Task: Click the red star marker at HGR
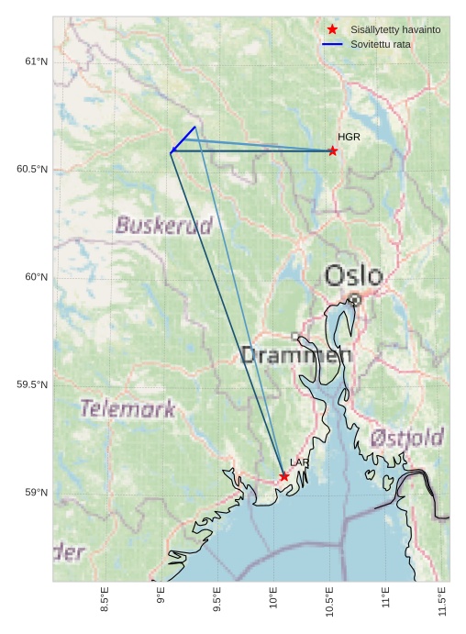pos(333,150)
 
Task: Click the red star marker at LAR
pos(284,476)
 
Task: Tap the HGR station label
pos(349,137)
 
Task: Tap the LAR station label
pos(300,462)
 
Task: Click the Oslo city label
pos(353,275)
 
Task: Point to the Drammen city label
pos(295,355)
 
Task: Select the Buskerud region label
pos(164,225)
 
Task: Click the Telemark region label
pos(127,409)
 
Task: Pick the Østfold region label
pos(407,438)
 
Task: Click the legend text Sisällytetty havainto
pos(395,29)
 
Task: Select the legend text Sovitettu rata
pos(381,44)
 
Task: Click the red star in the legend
pos(332,29)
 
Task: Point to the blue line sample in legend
pos(332,44)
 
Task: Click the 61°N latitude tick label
pos(36,61)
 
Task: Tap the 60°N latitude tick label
pos(36,277)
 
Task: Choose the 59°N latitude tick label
pos(36,493)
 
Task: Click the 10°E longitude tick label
pos(273,601)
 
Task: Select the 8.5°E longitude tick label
pos(105,601)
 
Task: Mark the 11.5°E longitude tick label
pos(442,601)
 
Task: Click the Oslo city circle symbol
pos(355,299)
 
